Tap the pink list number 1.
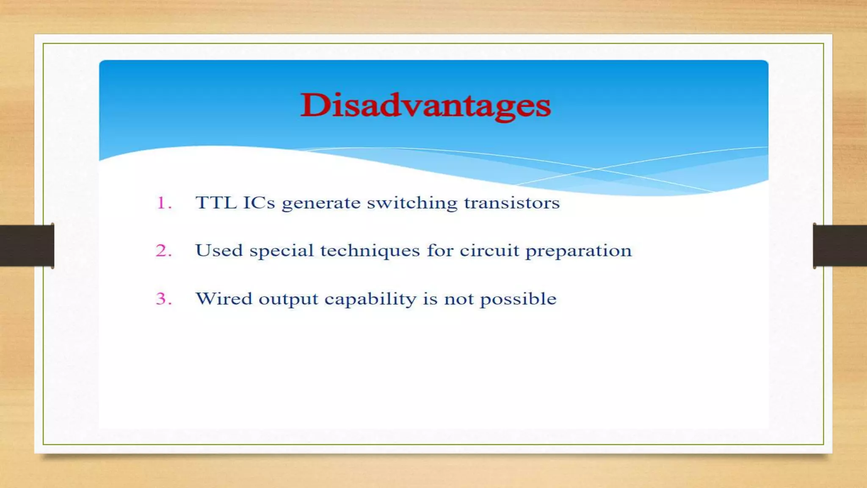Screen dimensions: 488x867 click(163, 203)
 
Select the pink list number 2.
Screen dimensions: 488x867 click(163, 251)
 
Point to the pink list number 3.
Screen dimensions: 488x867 click(163, 299)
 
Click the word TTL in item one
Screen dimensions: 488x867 click(216, 203)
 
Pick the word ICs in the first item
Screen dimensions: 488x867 click(259, 203)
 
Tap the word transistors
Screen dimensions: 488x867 click(512, 203)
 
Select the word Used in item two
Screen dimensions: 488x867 click(219, 250)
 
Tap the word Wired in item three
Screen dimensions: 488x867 click(224, 299)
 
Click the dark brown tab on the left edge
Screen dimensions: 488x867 click(27, 246)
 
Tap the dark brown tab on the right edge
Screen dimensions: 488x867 click(840, 246)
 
